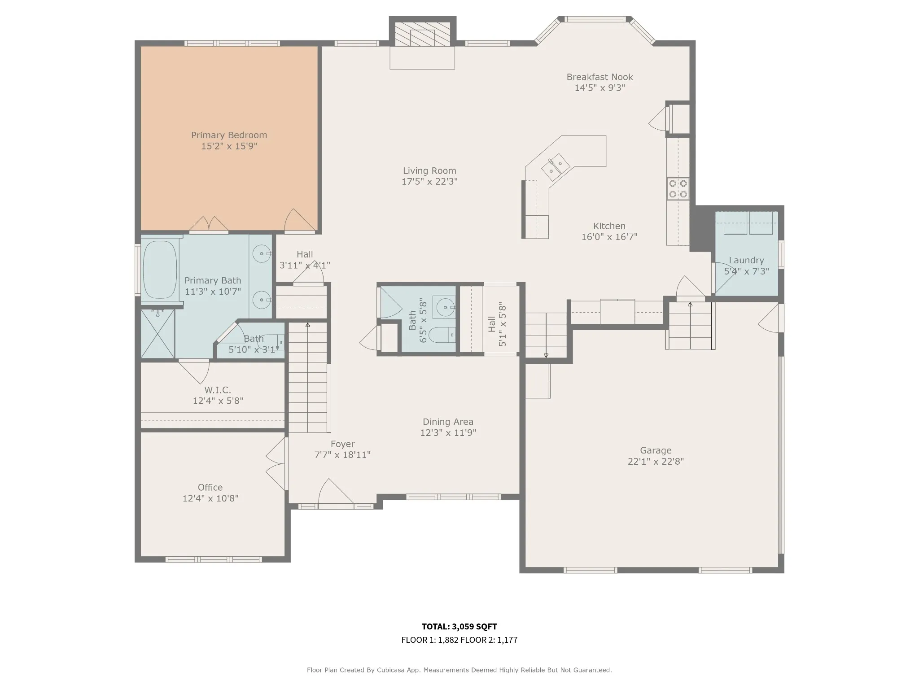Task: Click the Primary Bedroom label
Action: (229, 135)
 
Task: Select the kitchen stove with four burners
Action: (678, 188)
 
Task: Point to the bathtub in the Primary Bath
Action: (160, 270)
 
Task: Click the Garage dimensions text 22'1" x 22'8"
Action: (656, 462)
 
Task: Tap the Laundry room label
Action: (746, 261)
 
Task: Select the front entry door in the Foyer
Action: (336, 493)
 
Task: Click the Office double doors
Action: (276, 464)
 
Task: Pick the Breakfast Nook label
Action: (600, 77)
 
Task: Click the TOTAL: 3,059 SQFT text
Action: (459, 627)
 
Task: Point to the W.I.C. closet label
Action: (218, 390)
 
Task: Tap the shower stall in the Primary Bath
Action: (158, 333)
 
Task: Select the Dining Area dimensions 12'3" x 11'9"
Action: (448, 433)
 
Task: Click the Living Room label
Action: (429, 171)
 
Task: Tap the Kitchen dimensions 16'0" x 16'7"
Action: (609, 237)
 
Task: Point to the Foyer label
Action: (342, 444)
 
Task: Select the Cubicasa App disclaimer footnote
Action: (459, 670)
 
